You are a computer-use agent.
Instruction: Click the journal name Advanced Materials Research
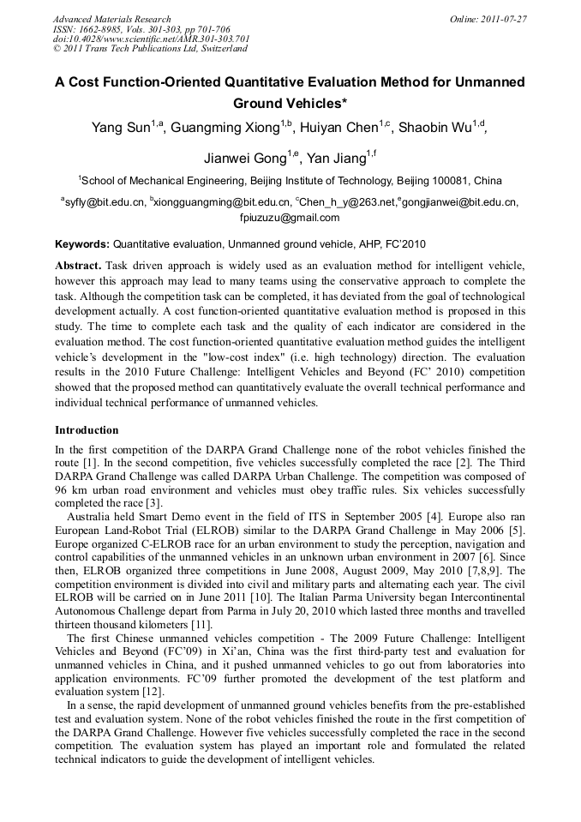111,19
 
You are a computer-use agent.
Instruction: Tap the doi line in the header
151,39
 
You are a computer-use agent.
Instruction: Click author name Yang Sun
121,129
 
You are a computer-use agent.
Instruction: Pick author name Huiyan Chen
338,129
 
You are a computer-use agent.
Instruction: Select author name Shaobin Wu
438,129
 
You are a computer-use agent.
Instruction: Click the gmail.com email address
290,218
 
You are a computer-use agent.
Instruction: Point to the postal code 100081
454,181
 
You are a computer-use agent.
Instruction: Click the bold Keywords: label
82,244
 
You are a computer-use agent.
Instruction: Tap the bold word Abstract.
78,266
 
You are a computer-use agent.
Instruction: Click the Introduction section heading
87,430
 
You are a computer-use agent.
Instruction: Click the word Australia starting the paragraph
91,518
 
